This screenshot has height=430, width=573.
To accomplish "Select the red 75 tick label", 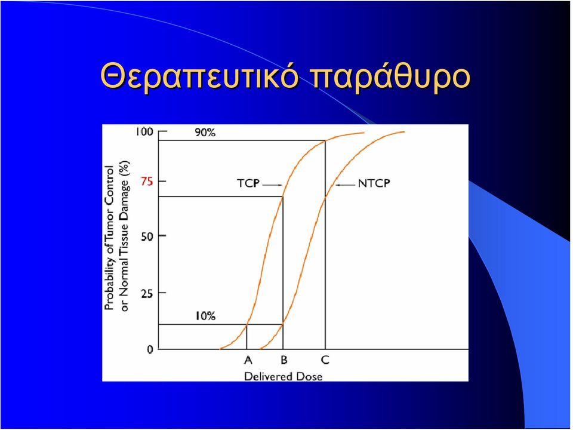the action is [147, 182].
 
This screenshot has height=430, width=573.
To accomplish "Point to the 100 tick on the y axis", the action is [144, 131].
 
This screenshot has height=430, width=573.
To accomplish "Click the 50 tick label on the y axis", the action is [147, 236].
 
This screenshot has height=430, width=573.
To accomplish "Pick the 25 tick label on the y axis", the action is [147, 293].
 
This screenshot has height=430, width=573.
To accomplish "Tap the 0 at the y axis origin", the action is [150, 349].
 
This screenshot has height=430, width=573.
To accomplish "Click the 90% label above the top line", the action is [205, 133].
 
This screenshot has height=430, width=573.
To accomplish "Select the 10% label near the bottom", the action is [205, 316].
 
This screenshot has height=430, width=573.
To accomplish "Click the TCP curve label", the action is [248, 183].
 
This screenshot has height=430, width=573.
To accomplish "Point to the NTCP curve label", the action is [374, 183].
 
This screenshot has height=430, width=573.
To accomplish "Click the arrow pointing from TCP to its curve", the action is [273, 185].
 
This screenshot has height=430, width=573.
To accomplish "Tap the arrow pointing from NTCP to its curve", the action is [346, 185].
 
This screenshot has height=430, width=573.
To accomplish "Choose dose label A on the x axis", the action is [248, 360].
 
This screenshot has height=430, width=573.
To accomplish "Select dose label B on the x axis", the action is [284, 360].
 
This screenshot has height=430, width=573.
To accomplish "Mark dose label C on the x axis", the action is [325, 360].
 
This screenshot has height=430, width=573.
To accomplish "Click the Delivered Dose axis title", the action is [283, 376].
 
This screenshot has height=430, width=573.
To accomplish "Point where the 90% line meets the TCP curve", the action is [325, 140].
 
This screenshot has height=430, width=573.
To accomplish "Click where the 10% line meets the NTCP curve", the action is [283, 324].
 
